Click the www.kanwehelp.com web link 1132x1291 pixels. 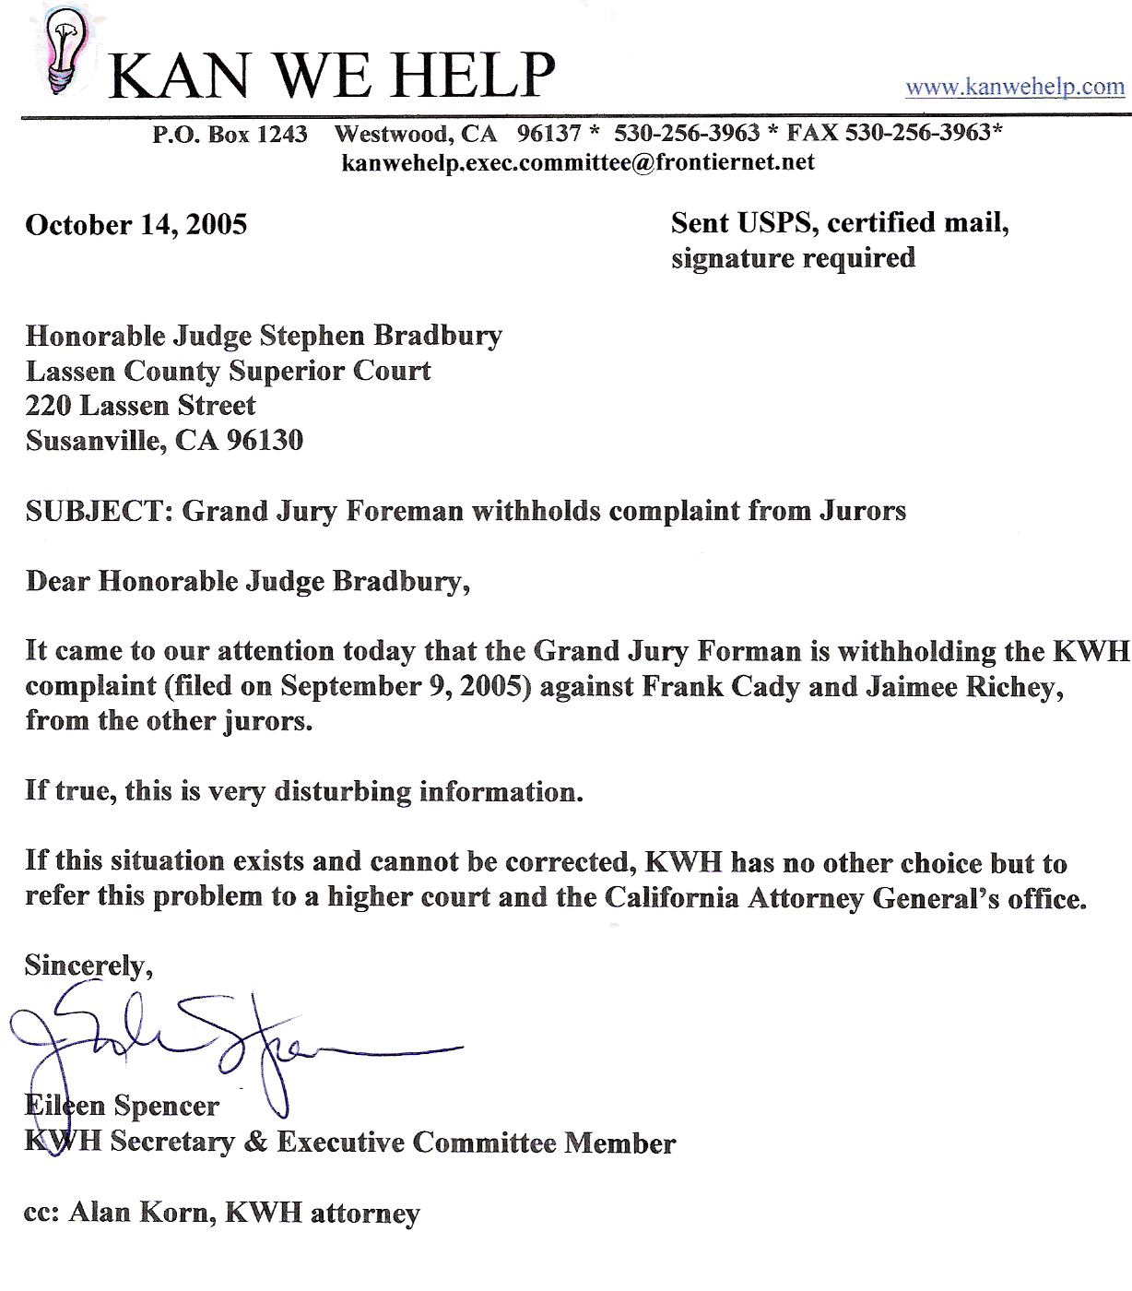coord(1015,87)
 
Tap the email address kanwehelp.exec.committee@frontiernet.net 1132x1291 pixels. coord(578,162)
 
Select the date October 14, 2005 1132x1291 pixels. coord(136,225)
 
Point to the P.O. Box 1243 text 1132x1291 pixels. coord(230,134)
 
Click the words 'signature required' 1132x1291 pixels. coord(793,258)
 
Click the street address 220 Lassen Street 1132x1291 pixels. coord(141,406)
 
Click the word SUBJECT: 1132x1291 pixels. coord(100,511)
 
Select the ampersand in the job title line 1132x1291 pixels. coord(255,1143)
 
